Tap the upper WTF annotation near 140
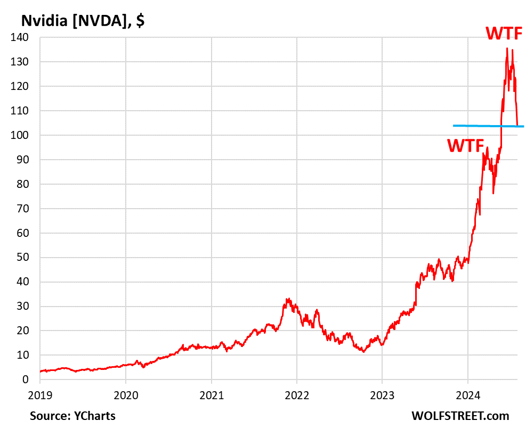click(507, 33)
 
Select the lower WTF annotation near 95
click(465, 145)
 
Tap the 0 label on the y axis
click(26, 379)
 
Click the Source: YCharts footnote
click(72, 416)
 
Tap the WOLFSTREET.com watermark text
click(460, 416)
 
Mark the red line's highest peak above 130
click(506, 48)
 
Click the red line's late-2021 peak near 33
click(288, 299)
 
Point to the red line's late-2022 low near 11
click(363, 351)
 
